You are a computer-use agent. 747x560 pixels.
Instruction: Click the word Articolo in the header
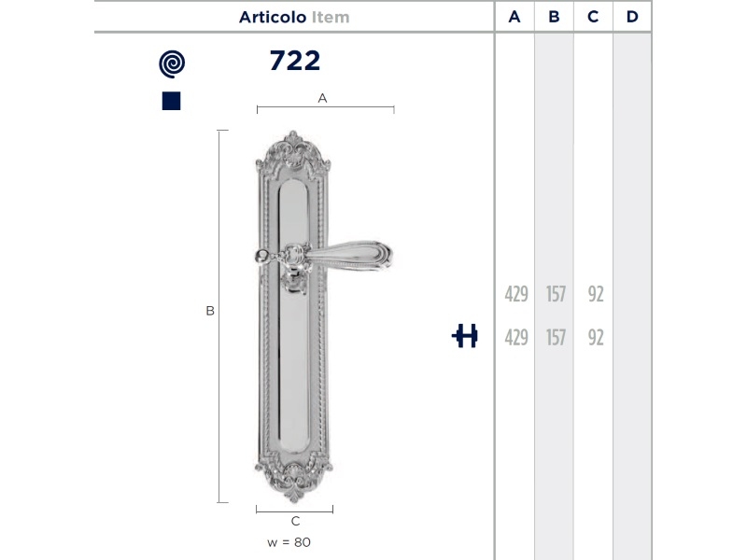273,17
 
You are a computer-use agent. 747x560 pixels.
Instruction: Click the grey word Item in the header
331,17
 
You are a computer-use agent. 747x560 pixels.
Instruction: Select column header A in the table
514,17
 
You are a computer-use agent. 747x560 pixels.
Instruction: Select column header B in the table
554,17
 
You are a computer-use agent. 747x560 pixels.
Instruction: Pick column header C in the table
593,17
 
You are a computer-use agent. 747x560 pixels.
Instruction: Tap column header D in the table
632,17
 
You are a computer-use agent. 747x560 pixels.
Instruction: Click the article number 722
295,61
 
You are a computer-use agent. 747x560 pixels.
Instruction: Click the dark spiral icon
172,63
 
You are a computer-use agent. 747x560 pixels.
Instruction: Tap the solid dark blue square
172,101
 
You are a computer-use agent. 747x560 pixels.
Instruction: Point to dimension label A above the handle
322,98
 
